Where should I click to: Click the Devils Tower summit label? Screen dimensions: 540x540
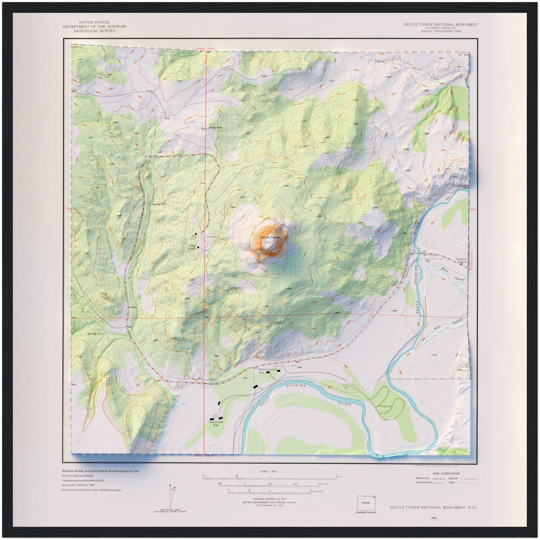269,237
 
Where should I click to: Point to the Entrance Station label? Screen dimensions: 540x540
461,260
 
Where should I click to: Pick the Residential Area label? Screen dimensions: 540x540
216,423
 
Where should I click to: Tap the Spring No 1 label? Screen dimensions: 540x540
237,288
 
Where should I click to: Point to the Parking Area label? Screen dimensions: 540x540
212,237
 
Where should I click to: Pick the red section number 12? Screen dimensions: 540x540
136,187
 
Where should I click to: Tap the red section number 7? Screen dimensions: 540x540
338,187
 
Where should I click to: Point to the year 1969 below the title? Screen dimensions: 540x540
433,518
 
